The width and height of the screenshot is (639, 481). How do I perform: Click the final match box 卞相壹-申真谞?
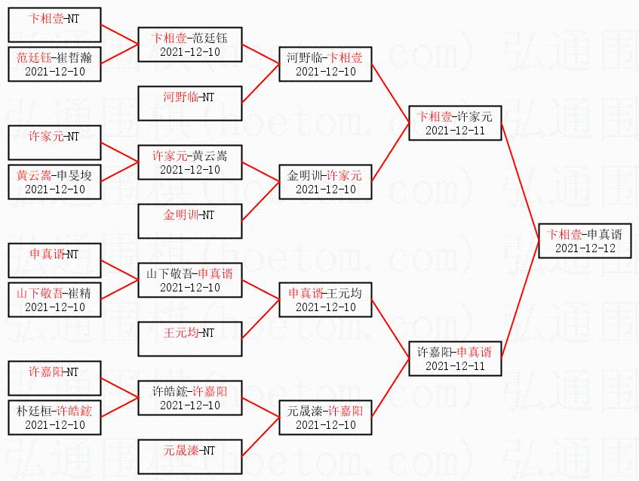pyautogui.click(x=585, y=240)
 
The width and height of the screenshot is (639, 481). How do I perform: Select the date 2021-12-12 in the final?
pyautogui.click(x=585, y=248)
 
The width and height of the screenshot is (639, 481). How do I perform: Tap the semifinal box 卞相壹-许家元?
pyautogui.click(x=454, y=122)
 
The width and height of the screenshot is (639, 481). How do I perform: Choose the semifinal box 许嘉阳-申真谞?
pyautogui.click(x=454, y=358)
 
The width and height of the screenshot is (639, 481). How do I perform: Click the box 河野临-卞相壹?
pyautogui.click(x=325, y=63)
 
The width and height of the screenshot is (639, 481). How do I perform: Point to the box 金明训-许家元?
pyautogui.click(x=325, y=181)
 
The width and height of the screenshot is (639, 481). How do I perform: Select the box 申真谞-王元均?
pyautogui.click(x=325, y=299)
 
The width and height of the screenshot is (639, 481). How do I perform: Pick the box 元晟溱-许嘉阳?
pyautogui.click(x=325, y=417)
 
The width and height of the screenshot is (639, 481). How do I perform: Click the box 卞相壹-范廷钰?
pyautogui.click(x=189, y=44)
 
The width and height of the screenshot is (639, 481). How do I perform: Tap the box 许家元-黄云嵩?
pyautogui.click(x=189, y=162)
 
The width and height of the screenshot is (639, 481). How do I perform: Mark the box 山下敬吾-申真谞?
pyautogui.click(x=189, y=279)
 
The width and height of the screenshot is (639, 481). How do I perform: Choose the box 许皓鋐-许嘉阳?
pyautogui.click(x=189, y=397)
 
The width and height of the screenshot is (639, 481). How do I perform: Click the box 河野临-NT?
pyautogui.click(x=189, y=103)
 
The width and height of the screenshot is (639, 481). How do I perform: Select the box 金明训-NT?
pyautogui.click(x=189, y=220)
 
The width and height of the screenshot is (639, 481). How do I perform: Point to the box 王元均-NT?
pyautogui.click(x=189, y=338)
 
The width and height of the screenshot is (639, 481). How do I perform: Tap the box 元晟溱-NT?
pyautogui.click(x=189, y=456)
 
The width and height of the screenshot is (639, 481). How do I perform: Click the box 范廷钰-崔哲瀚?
pyautogui.click(x=54, y=63)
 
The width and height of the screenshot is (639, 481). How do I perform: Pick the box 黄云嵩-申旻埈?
pyautogui.click(x=54, y=181)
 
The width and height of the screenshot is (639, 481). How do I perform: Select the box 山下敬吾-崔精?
pyautogui.click(x=54, y=299)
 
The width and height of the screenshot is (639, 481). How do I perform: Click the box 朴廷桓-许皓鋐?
pyautogui.click(x=54, y=417)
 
